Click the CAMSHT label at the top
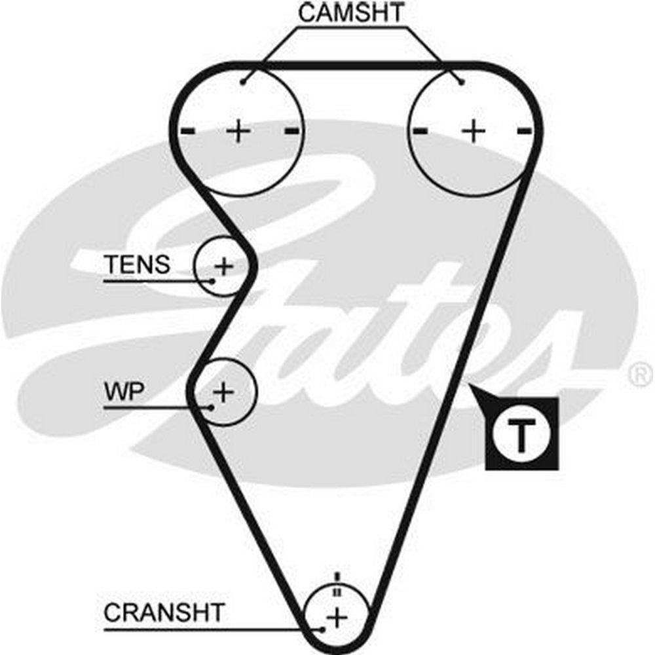pos(352,12)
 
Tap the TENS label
pos(138,265)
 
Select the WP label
pos(124,391)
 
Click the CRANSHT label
pos(164,613)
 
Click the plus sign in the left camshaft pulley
pos(239,132)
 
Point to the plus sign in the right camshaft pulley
pos(473,132)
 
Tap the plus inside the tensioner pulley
pos(225,266)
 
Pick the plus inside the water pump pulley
pos(224,392)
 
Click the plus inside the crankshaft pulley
pos(337,616)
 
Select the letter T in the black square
pos(521,434)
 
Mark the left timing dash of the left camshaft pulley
pos(188,132)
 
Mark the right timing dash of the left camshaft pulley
pos(292,132)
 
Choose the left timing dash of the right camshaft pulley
pos(421,132)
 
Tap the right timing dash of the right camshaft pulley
pos(524,132)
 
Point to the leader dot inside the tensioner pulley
pos(213,280)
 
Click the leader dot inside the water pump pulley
pos(211,407)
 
